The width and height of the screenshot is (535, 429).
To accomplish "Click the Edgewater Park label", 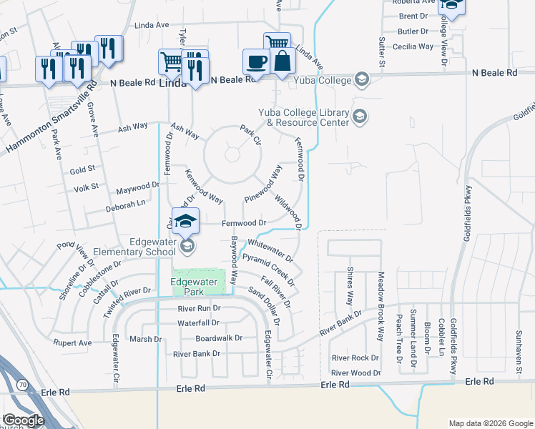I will point(193,287).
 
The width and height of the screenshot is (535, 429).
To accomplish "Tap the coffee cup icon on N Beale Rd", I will point(256,61).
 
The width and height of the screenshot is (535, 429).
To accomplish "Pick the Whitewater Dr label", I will point(270,250).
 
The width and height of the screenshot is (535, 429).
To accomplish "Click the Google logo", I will point(24,420).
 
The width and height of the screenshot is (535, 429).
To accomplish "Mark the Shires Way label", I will point(350,287).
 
